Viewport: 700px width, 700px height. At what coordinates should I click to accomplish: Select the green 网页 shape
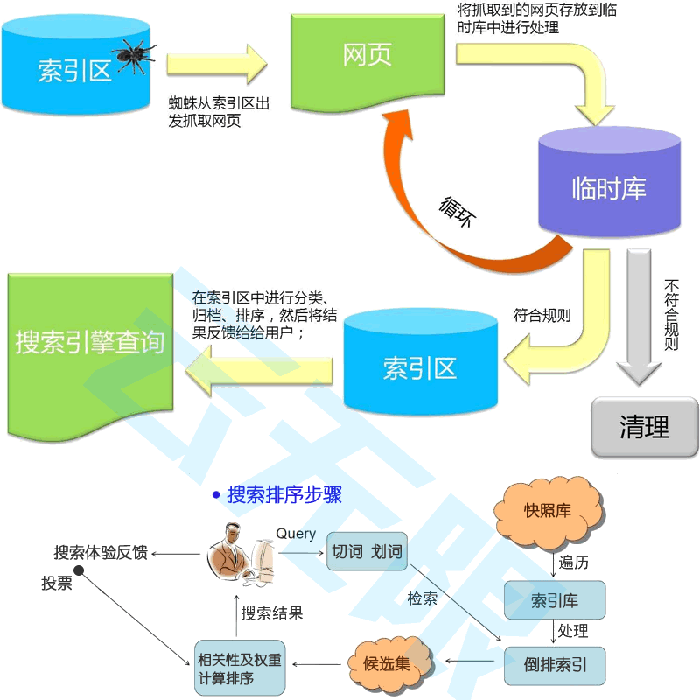367,57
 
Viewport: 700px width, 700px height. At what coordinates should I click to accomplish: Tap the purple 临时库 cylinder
608,186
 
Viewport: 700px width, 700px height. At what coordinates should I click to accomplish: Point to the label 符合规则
542,315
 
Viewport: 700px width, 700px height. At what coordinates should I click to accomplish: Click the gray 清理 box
644,427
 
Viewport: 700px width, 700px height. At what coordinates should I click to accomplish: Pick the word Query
296,534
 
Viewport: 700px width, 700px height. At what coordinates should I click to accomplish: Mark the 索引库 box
555,600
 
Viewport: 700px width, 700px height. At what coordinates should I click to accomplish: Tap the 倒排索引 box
555,666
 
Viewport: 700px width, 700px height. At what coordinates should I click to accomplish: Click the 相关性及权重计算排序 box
239,668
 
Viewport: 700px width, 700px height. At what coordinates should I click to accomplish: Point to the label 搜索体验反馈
100,553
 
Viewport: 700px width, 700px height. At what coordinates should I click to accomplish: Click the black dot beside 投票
78,570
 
